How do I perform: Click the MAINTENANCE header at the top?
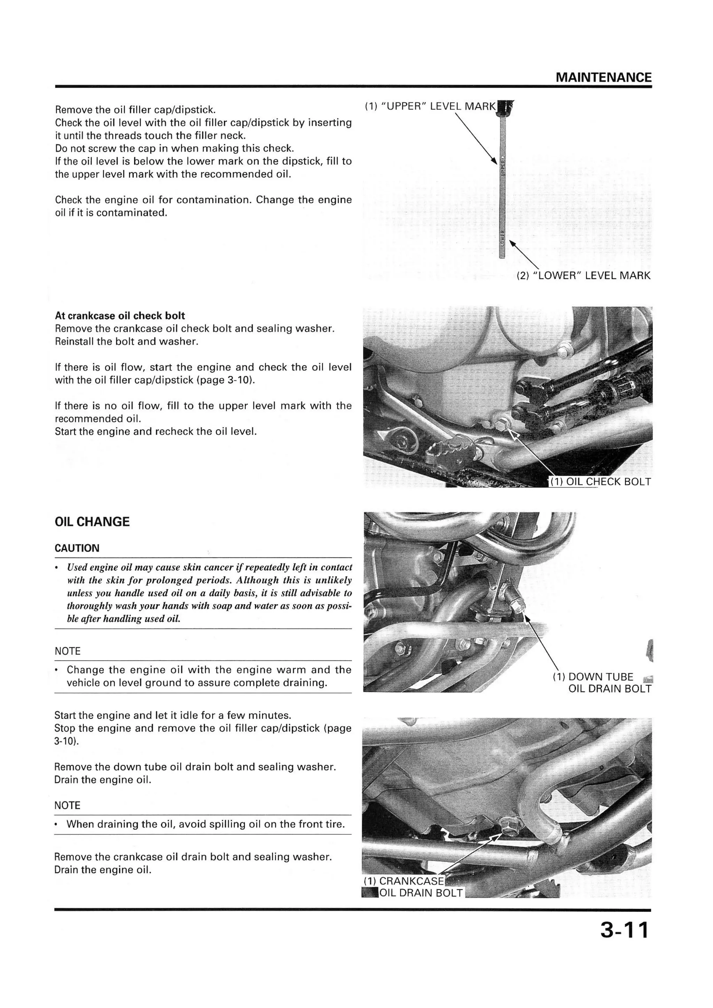(603, 78)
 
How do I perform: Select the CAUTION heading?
(77, 548)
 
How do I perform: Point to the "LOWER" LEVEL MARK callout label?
(583, 276)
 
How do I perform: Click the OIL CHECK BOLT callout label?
(601, 482)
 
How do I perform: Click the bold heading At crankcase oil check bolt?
(120, 316)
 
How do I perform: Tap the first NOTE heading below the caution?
(68, 651)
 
